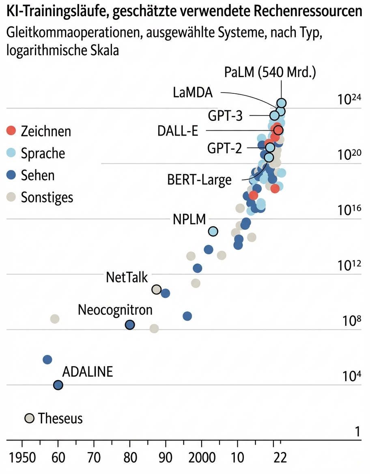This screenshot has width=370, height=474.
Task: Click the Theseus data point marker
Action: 29,418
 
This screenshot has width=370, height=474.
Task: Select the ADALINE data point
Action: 58,385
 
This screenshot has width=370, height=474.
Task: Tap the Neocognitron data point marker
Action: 130,325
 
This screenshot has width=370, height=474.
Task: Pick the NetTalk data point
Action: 156,289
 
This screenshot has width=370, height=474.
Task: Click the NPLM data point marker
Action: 213,231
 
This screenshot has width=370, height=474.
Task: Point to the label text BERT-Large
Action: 199,180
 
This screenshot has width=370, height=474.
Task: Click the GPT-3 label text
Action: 225,116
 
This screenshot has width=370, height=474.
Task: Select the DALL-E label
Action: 181,131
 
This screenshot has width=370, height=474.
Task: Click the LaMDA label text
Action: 193,93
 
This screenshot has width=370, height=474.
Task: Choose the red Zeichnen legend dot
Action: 11,131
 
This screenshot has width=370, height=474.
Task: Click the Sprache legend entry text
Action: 43,153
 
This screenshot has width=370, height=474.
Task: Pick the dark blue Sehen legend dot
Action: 11,175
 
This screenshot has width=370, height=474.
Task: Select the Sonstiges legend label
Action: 47,198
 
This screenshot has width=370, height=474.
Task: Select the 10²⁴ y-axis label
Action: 349,100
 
